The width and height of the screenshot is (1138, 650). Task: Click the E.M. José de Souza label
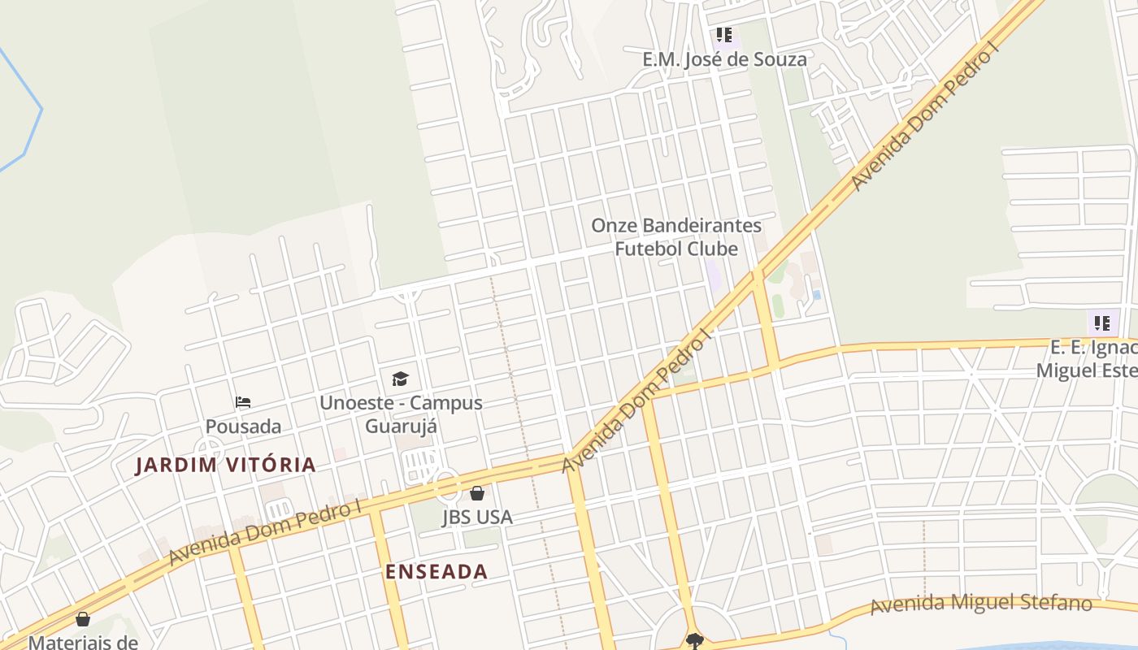pos(724,59)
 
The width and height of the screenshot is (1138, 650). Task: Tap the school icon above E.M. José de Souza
pos(723,36)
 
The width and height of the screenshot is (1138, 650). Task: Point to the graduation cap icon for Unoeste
pos(400,379)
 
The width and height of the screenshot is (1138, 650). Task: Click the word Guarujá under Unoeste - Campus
pos(401,427)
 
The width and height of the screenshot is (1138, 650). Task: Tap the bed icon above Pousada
pos(242,402)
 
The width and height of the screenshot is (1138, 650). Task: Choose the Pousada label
pos(243,427)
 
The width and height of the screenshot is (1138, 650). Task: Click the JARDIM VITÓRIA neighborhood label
pos(225,465)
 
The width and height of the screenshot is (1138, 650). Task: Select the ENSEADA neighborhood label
pos(437,571)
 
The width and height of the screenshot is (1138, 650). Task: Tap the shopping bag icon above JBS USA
pos(477,493)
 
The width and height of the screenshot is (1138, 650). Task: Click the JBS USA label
pos(477,517)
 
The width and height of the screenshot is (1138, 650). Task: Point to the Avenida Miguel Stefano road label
pos(980,604)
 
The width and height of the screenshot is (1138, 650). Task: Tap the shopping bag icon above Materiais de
pos(83,620)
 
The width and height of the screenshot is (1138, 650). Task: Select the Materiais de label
pos(83,642)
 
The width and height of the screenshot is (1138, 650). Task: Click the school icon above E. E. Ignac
pos(1102,323)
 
